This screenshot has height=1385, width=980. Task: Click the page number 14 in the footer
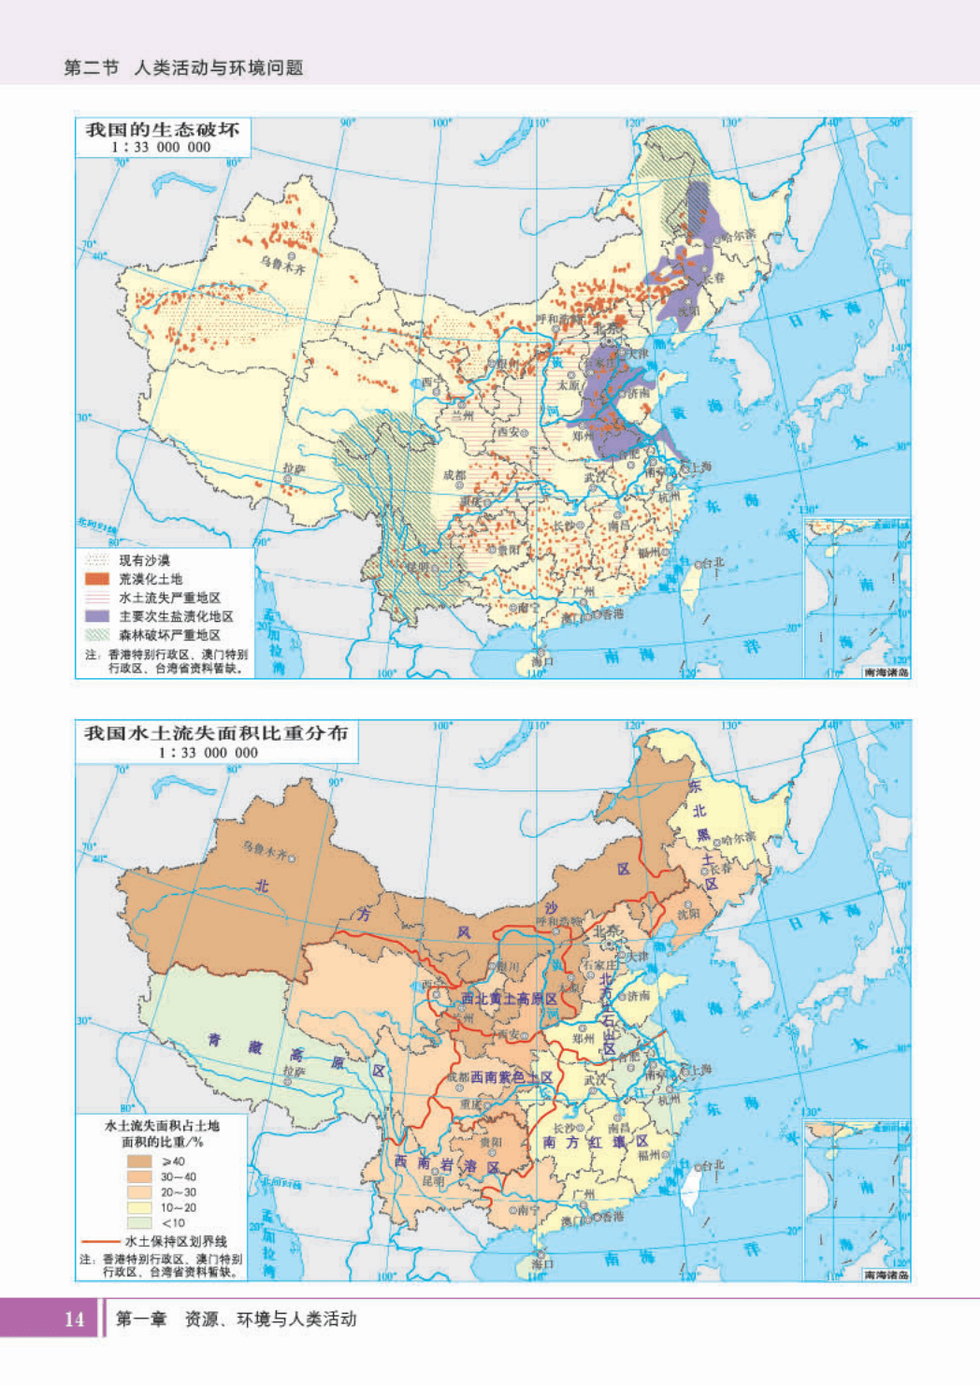pyautogui.click(x=74, y=1319)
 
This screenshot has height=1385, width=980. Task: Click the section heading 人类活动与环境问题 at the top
pyautogui.click(x=219, y=67)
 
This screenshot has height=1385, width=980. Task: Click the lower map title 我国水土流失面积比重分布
pyautogui.click(x=216, y=733)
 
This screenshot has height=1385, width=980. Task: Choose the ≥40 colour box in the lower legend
pyautogui.click(x=139, y=1161)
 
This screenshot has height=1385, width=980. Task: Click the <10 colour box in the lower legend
pyautogui.click(x=139, y=1222)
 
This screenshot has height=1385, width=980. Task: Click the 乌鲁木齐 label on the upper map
pyautogui.click(x=282, y=265)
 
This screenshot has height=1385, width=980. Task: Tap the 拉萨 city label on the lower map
pyautogui.click(x=294, y=1072)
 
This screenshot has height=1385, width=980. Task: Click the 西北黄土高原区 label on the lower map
pyautogui.click(x=509, y=999)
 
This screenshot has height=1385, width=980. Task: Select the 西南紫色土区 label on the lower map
pyautogui.click(x=511, y=1077)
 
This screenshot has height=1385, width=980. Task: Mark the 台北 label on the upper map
pyautogui.click(x=713, y=562)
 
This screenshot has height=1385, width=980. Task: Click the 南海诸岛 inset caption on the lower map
pyautogui.click(x=886, y=1275)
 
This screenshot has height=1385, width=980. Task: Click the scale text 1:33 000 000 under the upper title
pyautogui.click(x=161, y=147)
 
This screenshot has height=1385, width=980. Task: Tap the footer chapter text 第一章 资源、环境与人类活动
pyautogui.click(x=236, y=1319)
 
